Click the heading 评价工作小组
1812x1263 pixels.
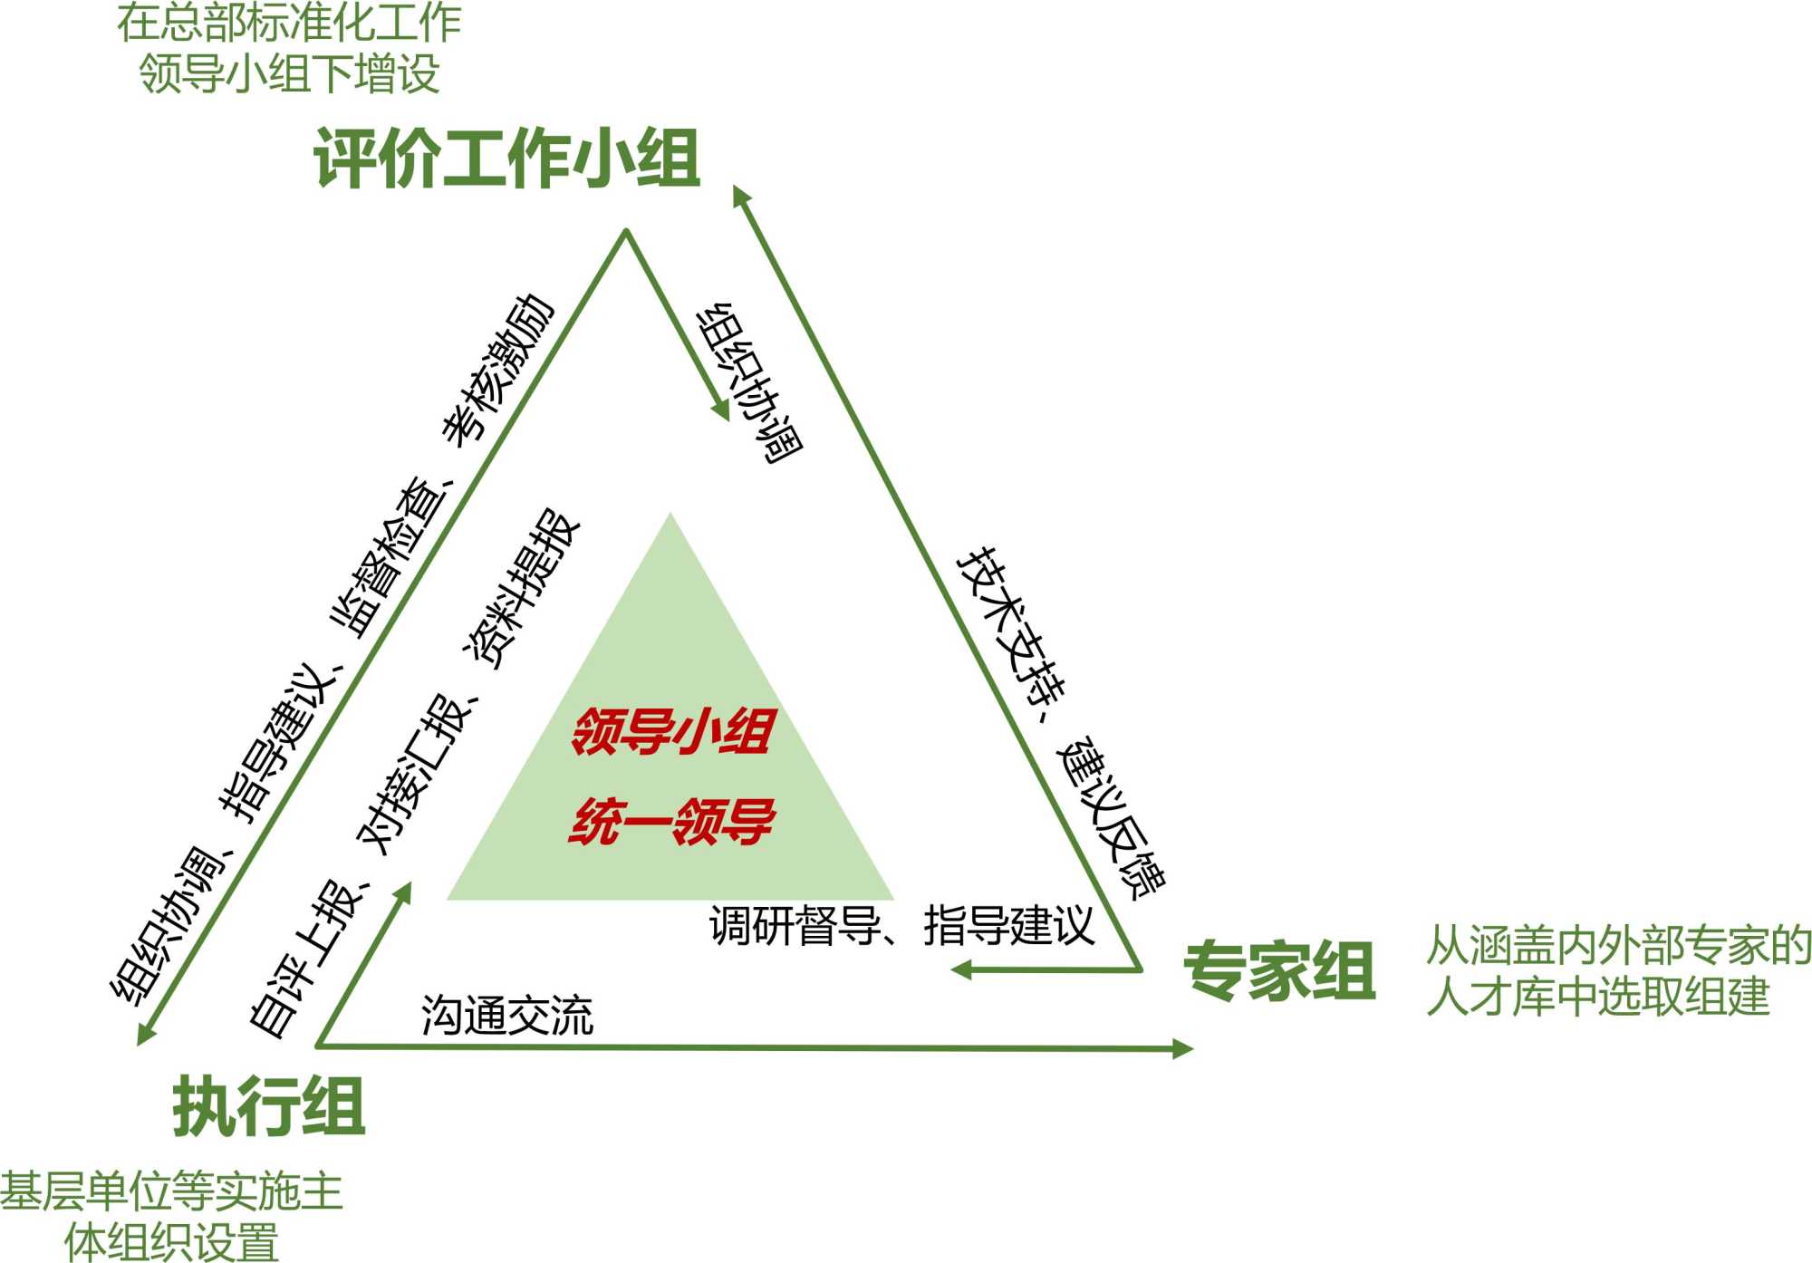pos(506,159)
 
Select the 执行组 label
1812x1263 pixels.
pos(269,1106)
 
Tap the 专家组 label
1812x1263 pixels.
pos(1279,970)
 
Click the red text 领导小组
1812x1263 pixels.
pos(671,732)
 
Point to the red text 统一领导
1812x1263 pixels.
pos(671,822)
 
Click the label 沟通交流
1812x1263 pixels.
pos(507,1016)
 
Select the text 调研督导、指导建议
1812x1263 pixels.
pos(901,925)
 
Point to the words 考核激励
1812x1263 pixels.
pos(497,369)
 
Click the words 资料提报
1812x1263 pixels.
pos(522,589)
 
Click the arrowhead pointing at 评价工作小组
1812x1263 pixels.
pos(740,195)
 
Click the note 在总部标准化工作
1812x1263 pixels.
pos(289,23)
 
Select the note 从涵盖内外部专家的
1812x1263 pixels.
pos(1618,946)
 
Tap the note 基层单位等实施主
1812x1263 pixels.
pos(171,1191)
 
